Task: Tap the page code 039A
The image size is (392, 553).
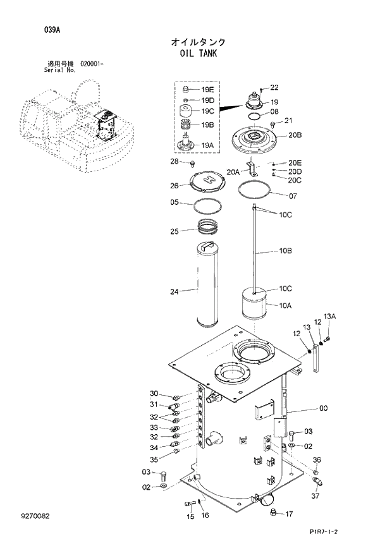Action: [35, 29]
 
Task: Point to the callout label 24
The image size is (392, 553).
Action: [175, 291]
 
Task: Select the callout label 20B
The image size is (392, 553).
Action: [295, 135]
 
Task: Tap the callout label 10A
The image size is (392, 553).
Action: [285, 305]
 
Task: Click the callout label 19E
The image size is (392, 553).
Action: [208, 90]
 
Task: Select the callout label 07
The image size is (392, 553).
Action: [293, 196]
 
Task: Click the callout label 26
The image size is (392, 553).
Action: [175, 186]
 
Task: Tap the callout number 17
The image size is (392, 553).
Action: [289, 514]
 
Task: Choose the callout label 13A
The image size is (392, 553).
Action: [329, 316]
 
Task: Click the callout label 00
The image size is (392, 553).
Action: [323, 408]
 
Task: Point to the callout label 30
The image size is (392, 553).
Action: [154, 394]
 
